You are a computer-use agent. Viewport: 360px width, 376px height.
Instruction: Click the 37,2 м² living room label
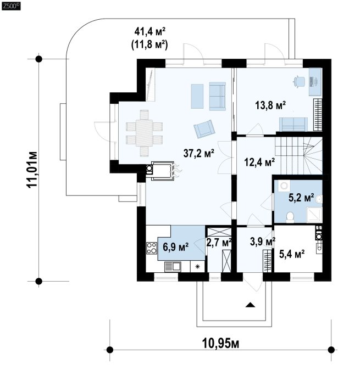coord(198,153)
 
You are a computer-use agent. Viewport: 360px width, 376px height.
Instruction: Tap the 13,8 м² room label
coord(270,105)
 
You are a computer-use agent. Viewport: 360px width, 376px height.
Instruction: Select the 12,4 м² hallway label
coord(259,162)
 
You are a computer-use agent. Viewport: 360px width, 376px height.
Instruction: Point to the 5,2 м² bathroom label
coord(301,198)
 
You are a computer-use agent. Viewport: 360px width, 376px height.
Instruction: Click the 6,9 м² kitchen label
coord(175,247)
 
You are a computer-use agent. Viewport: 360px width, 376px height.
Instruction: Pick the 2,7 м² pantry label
coord(219,243)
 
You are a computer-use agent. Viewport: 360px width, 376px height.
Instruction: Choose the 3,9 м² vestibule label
coord(263,242)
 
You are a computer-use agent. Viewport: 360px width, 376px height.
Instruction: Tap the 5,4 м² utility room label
coord(292,254)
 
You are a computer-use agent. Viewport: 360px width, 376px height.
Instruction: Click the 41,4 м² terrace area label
coord(150,31)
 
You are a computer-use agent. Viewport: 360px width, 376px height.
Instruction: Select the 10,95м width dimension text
coord(221,344)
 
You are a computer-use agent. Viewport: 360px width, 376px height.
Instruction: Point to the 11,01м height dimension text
coord(32,170)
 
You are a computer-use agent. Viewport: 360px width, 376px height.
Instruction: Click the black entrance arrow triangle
coord(250,305)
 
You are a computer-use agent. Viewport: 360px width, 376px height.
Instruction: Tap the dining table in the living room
coord(144,133)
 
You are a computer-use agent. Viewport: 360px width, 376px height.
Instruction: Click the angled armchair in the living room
coord(204,129)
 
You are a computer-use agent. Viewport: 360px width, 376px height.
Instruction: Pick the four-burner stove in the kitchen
coord(152,248)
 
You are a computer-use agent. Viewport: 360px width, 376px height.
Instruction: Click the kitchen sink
coord(173,267)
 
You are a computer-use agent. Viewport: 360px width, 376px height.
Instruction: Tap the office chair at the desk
coord(299,81)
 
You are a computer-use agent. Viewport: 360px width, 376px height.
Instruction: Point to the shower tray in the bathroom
coord(314,215)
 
